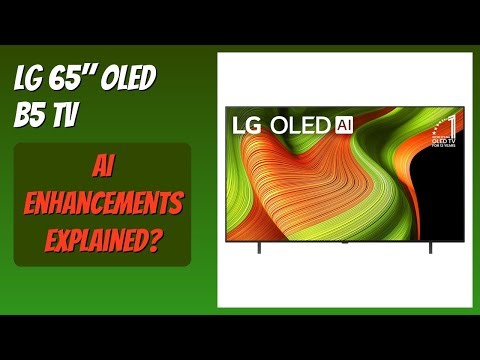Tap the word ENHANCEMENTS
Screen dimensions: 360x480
coord(102,206)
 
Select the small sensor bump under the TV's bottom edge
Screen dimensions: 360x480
coord(343,241)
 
